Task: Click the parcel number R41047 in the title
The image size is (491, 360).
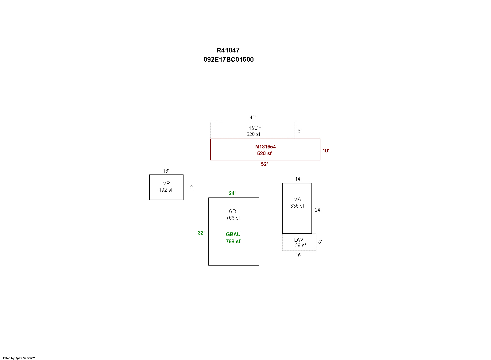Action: tap(228, 50)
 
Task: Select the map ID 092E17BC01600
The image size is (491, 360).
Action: tap(228, 59)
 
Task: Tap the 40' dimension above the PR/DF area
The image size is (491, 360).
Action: tap(253, 118)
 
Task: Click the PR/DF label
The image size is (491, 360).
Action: tap(253, 128)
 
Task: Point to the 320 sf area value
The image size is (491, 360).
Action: tap(253, 134)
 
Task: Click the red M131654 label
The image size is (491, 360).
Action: tap(265, 147)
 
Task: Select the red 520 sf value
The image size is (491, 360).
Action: tap(264, 153)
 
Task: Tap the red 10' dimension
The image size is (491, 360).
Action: tap(326, 151)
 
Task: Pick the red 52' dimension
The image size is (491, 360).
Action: tap(264, 164)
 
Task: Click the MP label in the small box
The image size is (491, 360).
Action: tap(166, 183)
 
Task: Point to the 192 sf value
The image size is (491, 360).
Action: tap(166, 190)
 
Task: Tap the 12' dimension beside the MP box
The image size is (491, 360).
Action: tap(190, 187)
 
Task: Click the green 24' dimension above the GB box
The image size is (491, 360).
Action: tap(232, 193)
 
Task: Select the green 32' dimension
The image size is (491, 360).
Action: tap(201, 233)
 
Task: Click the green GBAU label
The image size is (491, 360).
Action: tap(233, 234)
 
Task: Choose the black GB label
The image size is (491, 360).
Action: tap(232, 211)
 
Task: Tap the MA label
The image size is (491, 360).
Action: tap(297, 199)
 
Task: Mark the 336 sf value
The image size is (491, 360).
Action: tap(297, 206)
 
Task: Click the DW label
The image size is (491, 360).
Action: tap(299, 240)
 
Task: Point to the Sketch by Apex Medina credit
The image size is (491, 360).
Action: tap(18, 358)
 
